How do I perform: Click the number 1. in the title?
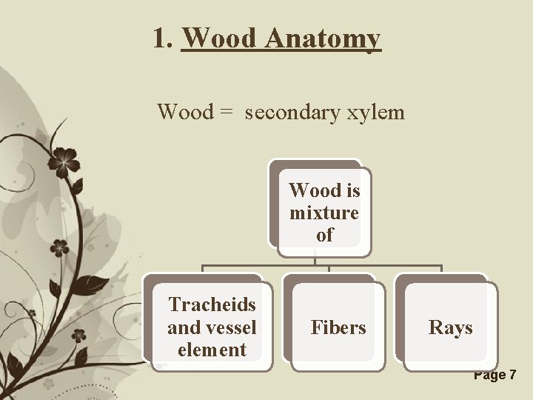164,38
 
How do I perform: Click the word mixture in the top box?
324,213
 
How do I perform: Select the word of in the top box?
324,235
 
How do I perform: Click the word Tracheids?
212,305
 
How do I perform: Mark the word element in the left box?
212,349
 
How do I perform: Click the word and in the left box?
182,327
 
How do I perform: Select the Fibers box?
338,327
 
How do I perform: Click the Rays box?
450,327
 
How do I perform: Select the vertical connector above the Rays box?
442,271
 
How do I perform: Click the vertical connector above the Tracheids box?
203,271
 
